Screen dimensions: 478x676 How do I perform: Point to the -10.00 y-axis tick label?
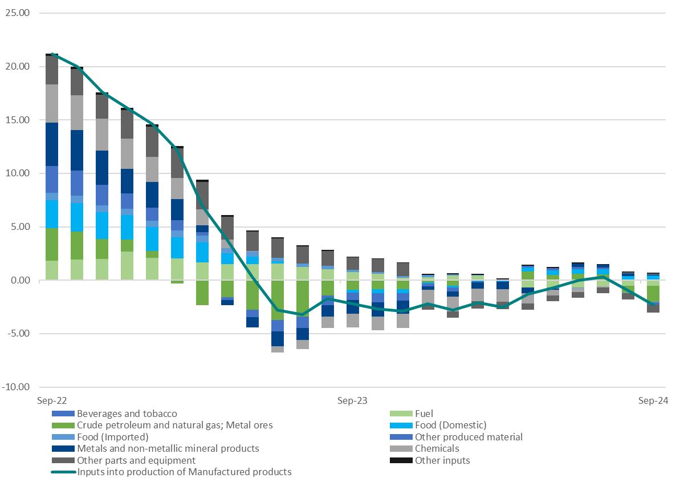16,387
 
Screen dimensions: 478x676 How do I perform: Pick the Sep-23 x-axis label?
352,400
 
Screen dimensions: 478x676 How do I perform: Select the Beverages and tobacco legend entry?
127,414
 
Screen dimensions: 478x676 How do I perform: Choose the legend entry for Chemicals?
437,448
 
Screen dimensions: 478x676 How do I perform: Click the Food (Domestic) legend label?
450,425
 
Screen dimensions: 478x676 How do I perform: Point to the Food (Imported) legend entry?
112,437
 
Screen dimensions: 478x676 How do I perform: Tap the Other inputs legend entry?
442,460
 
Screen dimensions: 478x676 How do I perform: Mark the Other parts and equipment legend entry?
136,460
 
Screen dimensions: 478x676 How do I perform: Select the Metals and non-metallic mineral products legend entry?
168,448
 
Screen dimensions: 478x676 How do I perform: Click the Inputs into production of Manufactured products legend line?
184,472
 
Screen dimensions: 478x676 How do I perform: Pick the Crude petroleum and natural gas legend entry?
174,425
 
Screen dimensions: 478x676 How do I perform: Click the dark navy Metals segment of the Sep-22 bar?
52,144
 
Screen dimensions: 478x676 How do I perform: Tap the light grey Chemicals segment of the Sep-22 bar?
52,103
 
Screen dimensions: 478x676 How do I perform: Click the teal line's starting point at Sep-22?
52,54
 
